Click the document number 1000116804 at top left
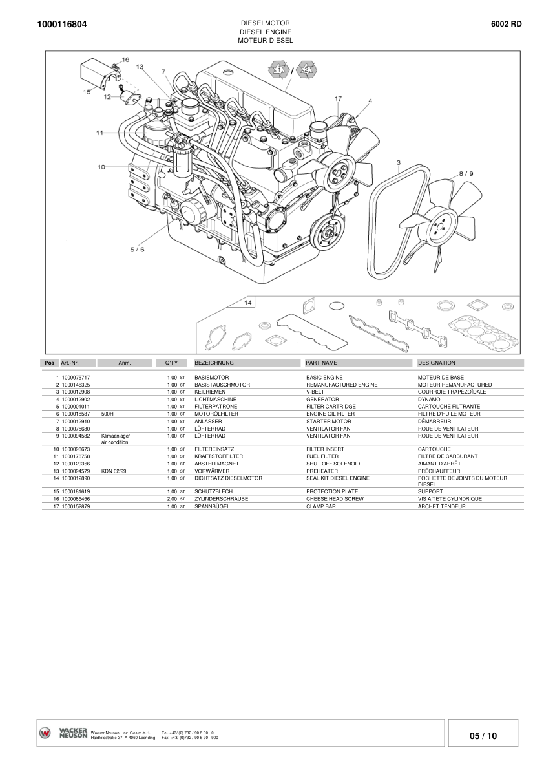pyautogui.click(x=62, y=24)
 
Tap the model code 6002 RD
pyautogui.click(x=507, y=23)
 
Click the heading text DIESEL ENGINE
pyautogui.click(x=266, y=32)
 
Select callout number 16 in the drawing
pyautogui.click(x=125, y=60)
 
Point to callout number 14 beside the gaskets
pyautogui.click(x=248, y=303)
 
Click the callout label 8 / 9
pyautogui.click(x=466, y=173)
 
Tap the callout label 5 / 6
pyautogui.click(x=138, y=250)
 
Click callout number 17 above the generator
pyautogui.click(x=339, y=99)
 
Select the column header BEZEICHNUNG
pyautogui.click(x=214, y=363)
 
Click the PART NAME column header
pyautogui.click(x=321, y=363)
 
